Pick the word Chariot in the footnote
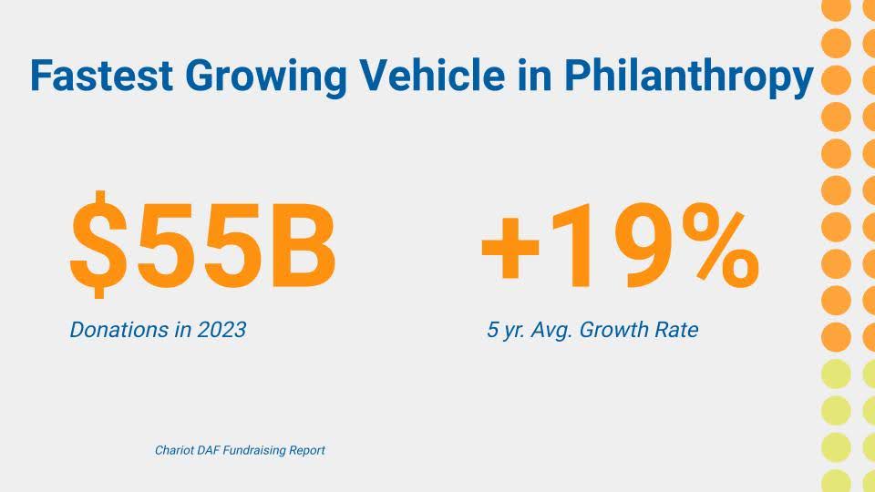pyautogui.click(x=170, y=450)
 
